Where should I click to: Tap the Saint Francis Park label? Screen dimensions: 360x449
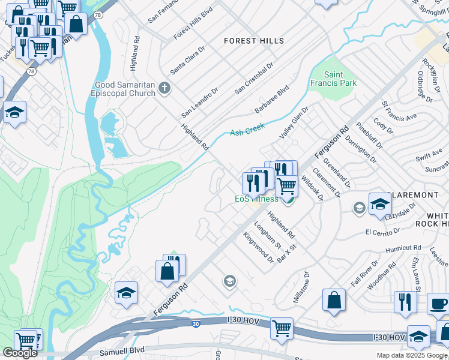coord(334,79)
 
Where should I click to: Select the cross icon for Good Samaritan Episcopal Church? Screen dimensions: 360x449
coord(165,89)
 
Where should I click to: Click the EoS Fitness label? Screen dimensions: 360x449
coord(256,199)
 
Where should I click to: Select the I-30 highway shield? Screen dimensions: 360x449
coord(196,324)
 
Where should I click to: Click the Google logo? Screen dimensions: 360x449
coord(20,353)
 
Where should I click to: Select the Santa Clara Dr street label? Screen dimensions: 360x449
coord(185,60)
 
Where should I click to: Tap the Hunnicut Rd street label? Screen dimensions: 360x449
coord(403,248)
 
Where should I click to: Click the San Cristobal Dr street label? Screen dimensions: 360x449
coord(254,79)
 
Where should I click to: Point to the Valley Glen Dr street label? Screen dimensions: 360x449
coord(293,123)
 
